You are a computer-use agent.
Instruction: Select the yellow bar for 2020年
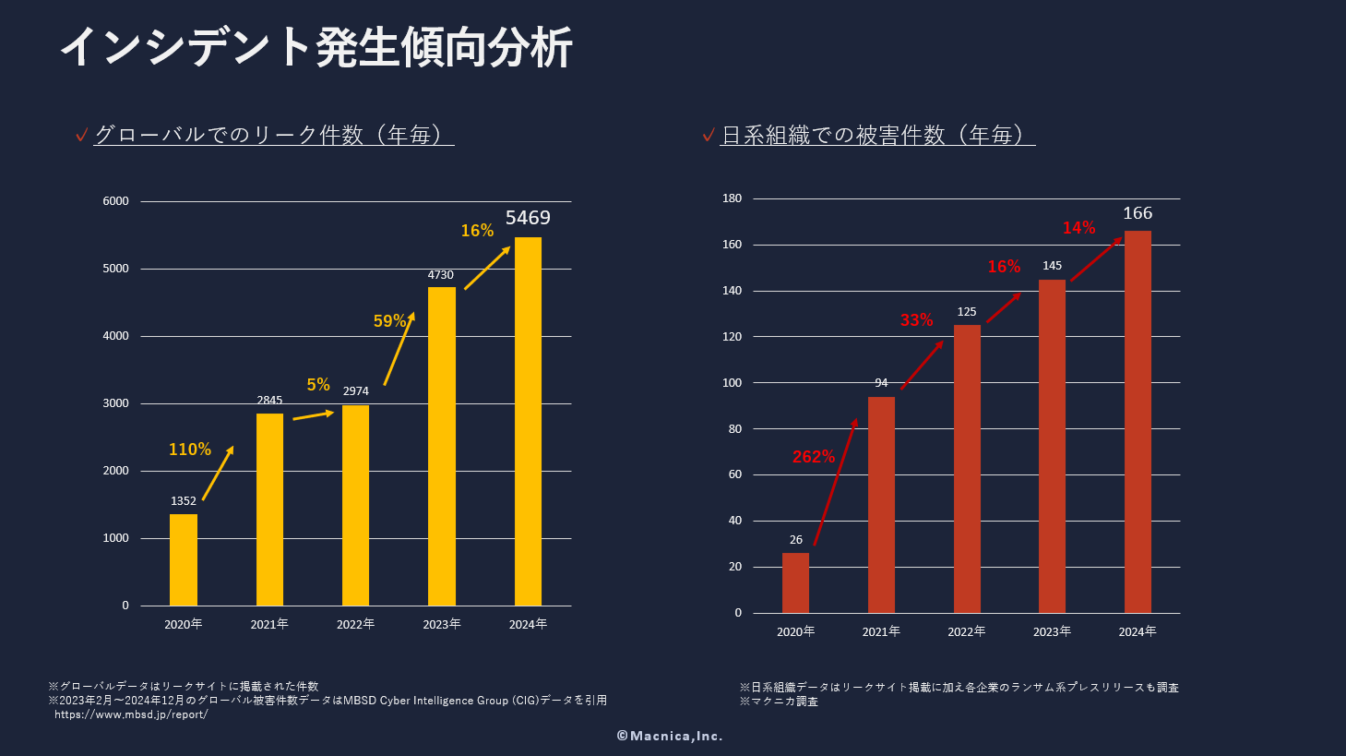pos(184,559)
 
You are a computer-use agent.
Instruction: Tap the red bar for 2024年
pos(1138,422)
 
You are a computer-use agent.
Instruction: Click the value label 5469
pos(528,218)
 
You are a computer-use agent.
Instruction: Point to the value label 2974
pos(355,391)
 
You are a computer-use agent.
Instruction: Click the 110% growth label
pos(190,450)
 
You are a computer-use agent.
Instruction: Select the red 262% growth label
pos(814,457)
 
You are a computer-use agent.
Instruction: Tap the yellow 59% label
pos(389,321)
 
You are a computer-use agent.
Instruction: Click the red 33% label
pos(917,320)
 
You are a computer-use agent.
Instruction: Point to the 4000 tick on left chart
pos(116,336)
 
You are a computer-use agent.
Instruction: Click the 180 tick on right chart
pos(733,198)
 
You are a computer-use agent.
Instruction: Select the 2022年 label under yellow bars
pos(355,625)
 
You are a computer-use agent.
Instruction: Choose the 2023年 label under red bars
pos(1052,632)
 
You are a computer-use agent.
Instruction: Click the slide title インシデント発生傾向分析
pos(316,46)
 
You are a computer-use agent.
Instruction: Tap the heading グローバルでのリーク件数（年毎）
pos(274,135)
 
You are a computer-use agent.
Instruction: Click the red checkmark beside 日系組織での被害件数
pos(709,136)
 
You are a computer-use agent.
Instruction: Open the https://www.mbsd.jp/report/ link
pos(131,714)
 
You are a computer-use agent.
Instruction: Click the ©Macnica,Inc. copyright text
pos(670,736)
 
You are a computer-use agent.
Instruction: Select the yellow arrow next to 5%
pos(314,415)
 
